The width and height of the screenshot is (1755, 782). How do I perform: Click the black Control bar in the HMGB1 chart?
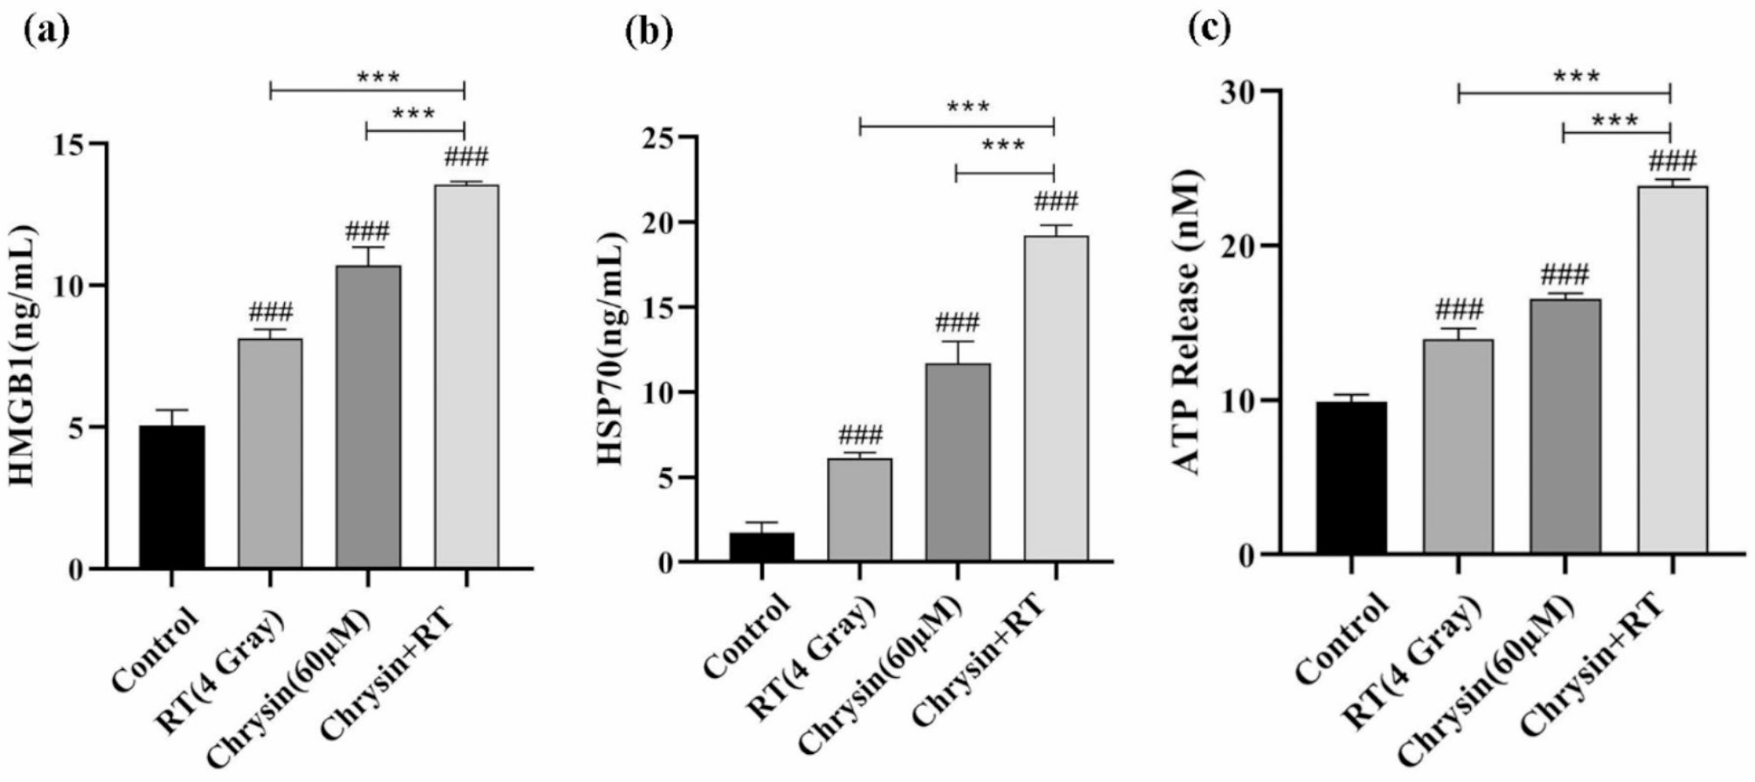pos(172,497)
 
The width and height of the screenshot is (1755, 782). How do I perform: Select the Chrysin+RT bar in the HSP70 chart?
pos(1055,398)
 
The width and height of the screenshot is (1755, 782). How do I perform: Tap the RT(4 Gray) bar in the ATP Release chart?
pos(1458,446)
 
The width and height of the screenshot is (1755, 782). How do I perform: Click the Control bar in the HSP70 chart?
pos(762,547)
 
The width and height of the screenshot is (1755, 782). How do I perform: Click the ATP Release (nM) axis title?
pos(1190,323)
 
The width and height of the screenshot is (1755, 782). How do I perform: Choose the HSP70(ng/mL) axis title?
pos(612,349)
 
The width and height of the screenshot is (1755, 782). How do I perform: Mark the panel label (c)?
pos(1210,28)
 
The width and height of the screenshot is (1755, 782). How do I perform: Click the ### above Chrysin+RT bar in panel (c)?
pos(1671,161)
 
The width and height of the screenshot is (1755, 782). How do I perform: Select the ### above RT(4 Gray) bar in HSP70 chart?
pos(860,434)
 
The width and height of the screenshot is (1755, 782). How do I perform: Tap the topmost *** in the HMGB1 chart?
pos(378,77)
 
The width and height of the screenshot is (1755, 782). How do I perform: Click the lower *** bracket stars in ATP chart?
pos(1614,120)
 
